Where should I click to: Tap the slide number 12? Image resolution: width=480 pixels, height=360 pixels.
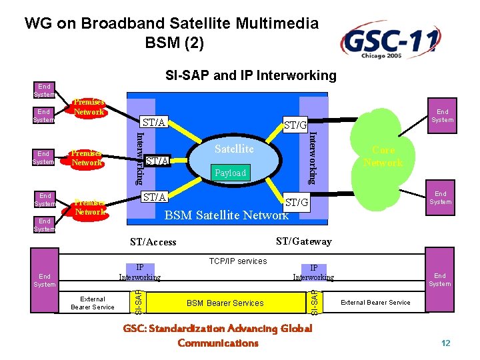pos(446,343)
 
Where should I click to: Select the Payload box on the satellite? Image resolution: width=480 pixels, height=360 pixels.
pos(230,173)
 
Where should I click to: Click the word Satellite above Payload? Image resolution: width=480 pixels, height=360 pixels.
pos(234,149)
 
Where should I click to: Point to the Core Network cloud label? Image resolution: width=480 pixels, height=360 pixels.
pos(383,157)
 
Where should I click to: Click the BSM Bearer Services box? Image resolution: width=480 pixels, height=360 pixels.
pos(225,303)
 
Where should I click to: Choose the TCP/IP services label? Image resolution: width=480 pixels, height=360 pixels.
pos(237,261)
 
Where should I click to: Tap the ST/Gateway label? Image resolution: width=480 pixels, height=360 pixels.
pos(303,241)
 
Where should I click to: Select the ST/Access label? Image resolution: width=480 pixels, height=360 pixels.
pos(153,242)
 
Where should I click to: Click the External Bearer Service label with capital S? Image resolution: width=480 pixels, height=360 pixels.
pos(375,303)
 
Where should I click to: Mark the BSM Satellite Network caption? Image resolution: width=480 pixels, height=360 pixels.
pos(226,215)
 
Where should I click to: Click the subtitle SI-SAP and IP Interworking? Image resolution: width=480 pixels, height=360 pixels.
pos(251,75)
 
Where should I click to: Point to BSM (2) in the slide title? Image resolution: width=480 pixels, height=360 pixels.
pos(174,44)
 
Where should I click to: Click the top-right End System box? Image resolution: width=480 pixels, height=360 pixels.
pos(442,116)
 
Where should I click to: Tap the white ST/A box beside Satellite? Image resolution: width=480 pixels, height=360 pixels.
pos(157,161)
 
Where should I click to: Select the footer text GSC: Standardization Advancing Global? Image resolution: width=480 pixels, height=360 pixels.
pos(217,328)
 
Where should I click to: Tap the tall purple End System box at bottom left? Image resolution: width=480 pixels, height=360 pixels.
pos(45,280)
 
